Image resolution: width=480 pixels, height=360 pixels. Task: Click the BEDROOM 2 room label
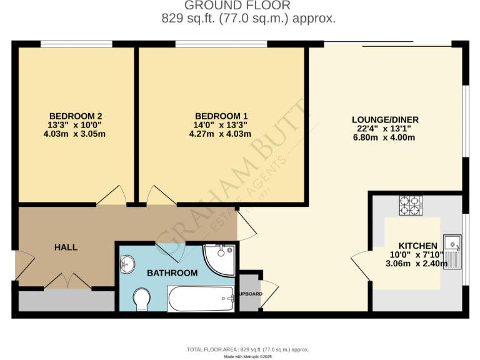[x=76, y=116]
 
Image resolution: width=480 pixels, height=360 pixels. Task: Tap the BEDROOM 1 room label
[x=221, y=116]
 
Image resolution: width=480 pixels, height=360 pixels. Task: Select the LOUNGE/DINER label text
[x=385, y=120]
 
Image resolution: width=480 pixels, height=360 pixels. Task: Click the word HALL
[x=66, y=247]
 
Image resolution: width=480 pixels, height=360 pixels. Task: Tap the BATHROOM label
[x=172, y=273]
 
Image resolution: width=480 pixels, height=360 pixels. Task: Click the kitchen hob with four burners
[x=411, y=206]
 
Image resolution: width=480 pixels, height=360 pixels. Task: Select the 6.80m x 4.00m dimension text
[x=384, y=138]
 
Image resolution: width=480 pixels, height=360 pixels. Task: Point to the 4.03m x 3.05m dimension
[x=76, y=134]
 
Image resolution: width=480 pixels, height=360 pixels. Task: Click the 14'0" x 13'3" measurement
[x=221, y=125]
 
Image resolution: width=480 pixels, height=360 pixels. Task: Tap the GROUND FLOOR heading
[x=248, y=6]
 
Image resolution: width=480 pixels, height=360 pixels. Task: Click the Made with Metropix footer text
[x=248, y=356]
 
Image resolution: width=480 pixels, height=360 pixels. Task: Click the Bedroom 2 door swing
[x=112, y=194]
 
